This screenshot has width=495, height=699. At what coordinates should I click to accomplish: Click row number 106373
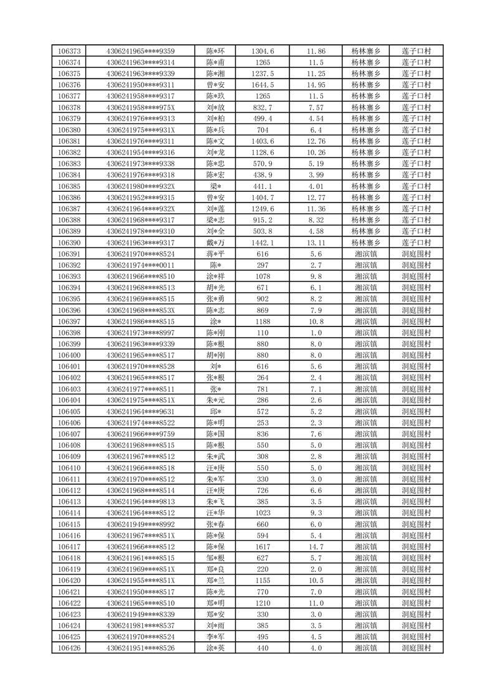(69, 51)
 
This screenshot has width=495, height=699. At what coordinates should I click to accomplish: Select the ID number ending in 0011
(140, 265)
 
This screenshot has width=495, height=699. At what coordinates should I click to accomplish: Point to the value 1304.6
(262, 51)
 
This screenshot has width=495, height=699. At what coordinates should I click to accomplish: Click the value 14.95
(316, 85)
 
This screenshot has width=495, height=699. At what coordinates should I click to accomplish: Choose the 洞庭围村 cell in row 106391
(418, 254)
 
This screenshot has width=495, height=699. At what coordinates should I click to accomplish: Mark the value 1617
(262, 547)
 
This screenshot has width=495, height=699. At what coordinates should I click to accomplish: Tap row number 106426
(69, 649)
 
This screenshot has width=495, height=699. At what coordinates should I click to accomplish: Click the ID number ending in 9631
(140, 412)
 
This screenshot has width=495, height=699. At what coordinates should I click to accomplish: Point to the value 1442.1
(262, 243)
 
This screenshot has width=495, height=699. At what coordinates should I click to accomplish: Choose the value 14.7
(316, 547)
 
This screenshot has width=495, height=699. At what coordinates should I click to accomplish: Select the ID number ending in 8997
(140, 333)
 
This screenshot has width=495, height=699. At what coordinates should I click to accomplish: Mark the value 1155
(262, 581)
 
